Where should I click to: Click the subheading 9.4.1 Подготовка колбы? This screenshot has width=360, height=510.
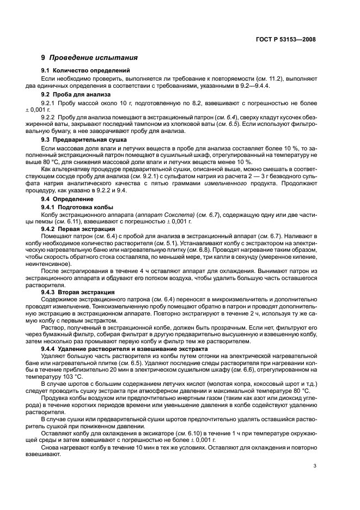coord(77,207)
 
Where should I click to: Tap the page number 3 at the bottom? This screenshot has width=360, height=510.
coord(315,466)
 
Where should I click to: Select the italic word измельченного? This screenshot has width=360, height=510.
coord(224,182)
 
